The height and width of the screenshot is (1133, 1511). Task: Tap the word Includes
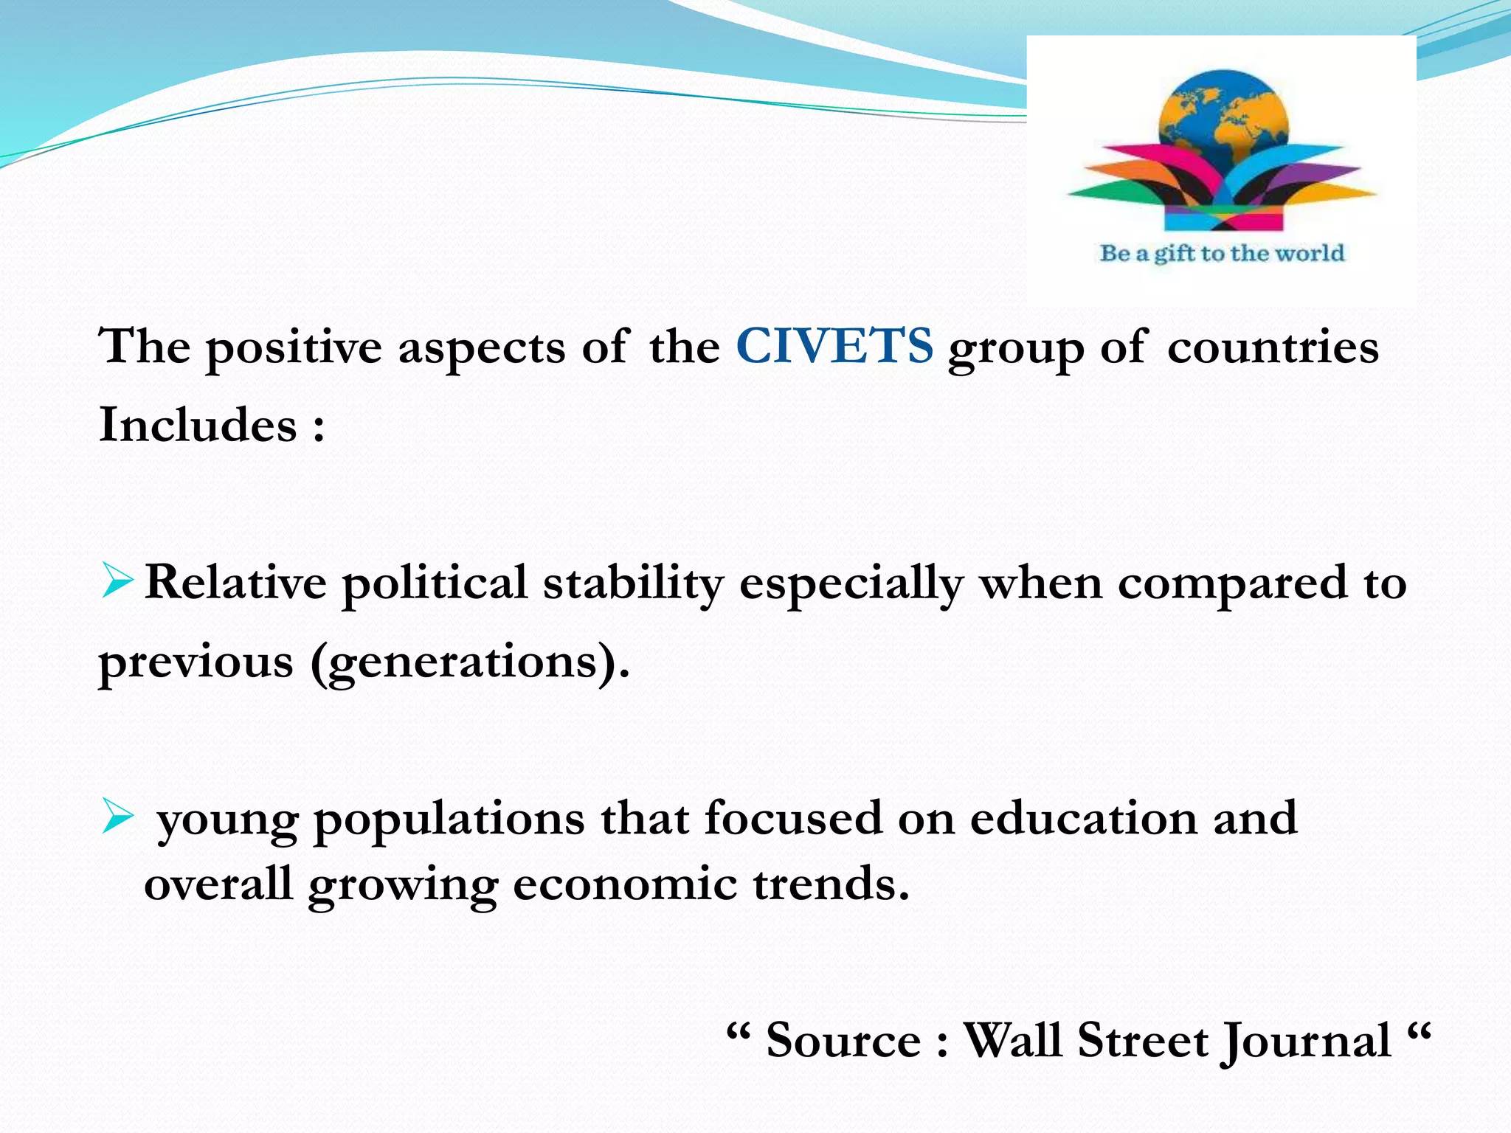(x=198, y=425)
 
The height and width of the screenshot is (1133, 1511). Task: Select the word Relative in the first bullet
(x=235, y=582)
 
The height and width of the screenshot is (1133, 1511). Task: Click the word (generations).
(x=470, y=662)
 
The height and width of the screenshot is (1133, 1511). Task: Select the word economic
(x=625, y=884)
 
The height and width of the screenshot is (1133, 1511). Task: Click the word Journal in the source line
(x=1306, y=1042)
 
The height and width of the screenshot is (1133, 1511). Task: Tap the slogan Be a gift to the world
(x=1222, y=253)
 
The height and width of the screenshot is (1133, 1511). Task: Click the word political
(x=435, y=583)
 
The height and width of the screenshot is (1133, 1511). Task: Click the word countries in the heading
(x=1273, y=347)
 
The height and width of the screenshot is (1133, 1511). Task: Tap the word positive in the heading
(x=294, y=347)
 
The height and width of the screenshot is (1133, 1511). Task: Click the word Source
(x=843, y=1041)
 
